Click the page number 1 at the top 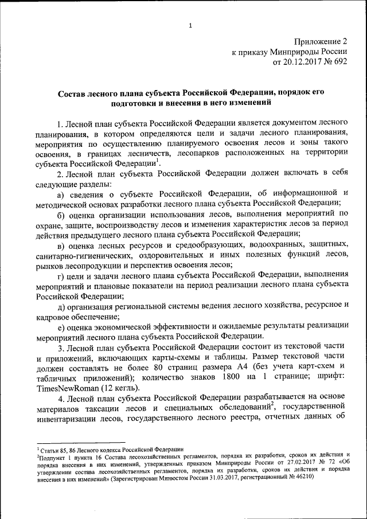pos(189,25)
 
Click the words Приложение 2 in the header pos(321,41)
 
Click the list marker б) pos(61,214)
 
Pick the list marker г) pos(61,276)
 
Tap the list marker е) pos(61,327)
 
